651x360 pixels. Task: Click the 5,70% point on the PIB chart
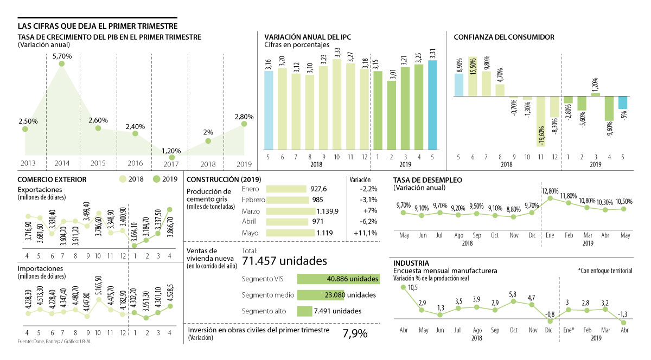(x=62, y=64)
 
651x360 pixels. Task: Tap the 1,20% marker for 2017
(x=172, y=157)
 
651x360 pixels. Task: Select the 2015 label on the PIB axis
(x=98, y=163)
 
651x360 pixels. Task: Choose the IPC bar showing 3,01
(x=391, y=115)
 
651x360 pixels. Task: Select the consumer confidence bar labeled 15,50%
(x=473, y=76)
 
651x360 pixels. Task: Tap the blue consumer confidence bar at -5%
(x=623, y=102)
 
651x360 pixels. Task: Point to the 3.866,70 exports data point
(x=170, y=209)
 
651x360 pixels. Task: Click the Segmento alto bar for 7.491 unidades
(x=305, y=311)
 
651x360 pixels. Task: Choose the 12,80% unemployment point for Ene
(x=550, y=198)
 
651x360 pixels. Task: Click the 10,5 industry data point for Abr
(x=403, y=287)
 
